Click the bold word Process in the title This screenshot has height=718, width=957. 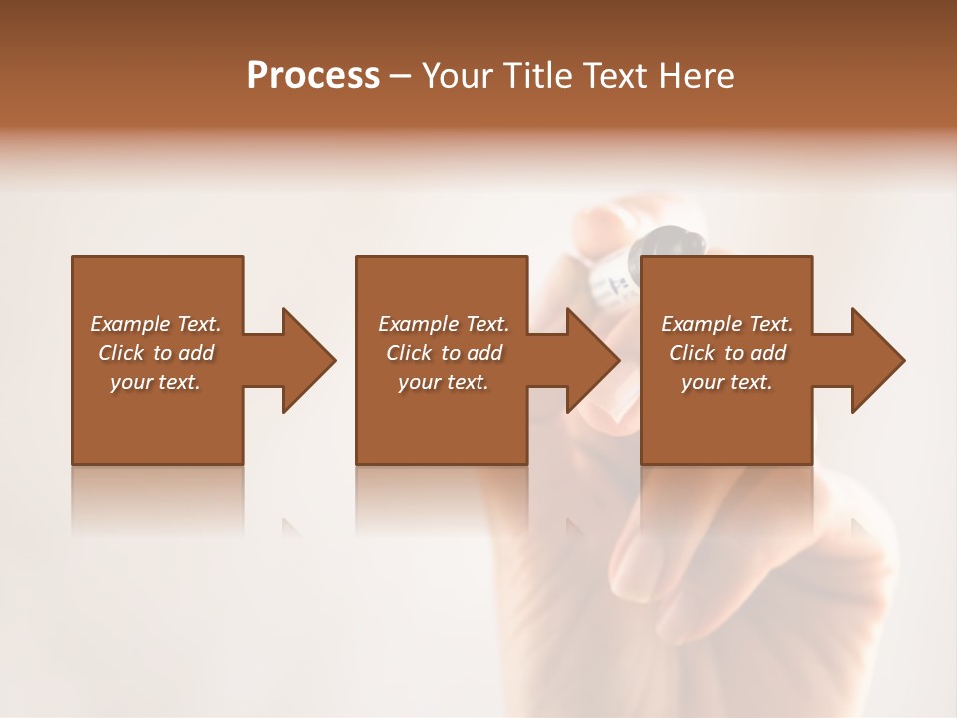pyautogui.click(x=313, y=76)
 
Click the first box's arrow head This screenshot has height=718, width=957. pyautogui.click(x=307, y=360)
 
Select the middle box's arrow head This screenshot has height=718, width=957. pyautogui.click(x=591, y=360)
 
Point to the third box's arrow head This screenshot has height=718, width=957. pyautogui.click(x=876, y=360)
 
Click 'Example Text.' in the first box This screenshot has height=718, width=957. pyautogui.click(x=156, y=324)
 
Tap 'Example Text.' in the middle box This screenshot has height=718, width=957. pyautogui.click(x=444, y=324)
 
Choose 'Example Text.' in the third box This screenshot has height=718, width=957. pyautogui.click(x=727, y=324)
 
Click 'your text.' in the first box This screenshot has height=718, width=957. pyautogui.click(x=156, y=382)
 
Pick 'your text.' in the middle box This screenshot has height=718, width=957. pyautogui.click(x=444, y=382)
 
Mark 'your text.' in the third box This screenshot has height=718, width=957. pyautogui.click(x=727, y=382)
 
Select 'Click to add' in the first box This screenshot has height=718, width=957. pyautogui.click(x=156, y=353)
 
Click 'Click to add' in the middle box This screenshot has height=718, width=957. pyautogui.click(x=444, y=353)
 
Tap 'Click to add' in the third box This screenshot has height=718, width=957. pyautogui.click(x=727, y=353)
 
